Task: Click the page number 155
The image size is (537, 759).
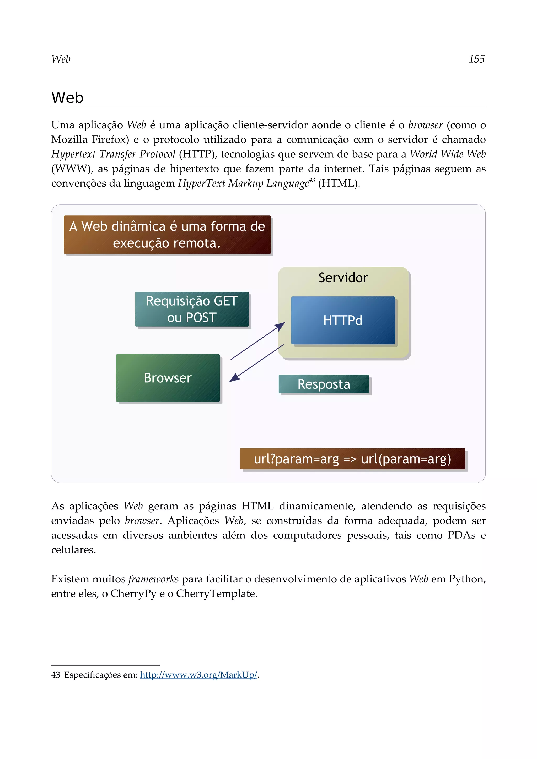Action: [x=476, y=59]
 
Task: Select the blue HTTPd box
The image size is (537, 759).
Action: [x=343, y=320]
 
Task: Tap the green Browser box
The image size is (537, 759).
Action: [x=168, y=378]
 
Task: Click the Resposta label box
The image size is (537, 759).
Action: [x=324, y=384]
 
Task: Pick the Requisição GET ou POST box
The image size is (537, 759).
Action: [x=192, y=309]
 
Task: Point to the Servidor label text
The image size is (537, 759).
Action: [x=343, y=278]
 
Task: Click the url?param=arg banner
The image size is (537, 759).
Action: [x=352, y=459]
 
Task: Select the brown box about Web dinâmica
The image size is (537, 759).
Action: [x=167, y=235]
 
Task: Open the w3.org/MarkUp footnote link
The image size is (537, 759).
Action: [x=198, y=675]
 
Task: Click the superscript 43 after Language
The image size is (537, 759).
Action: [x=312, y=180]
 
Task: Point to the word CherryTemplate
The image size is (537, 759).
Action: [x=216, y=594]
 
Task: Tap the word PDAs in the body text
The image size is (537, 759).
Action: [x=461, y=535]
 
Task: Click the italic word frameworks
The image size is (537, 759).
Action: [x=153, y=579]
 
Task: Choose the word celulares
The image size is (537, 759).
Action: [x=73, y=550]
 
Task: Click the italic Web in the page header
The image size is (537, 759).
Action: [x=61, y=59]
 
